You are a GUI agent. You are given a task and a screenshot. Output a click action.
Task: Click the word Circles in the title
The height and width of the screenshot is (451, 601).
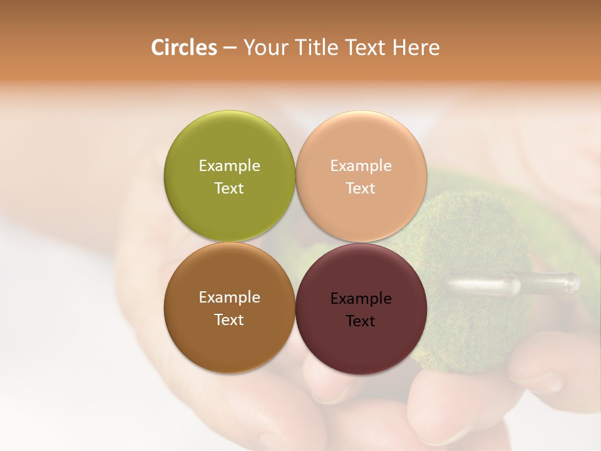tap(183, 48)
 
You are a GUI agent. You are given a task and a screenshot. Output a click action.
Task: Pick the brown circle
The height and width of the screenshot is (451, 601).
tap(229, 338)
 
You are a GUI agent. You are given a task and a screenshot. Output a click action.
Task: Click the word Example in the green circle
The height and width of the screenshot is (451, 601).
tap(229, 165)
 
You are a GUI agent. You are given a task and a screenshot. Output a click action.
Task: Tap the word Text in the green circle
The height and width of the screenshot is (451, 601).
tap(229, 188)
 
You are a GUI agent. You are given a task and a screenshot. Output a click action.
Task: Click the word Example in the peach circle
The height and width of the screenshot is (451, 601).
tap(361, 165)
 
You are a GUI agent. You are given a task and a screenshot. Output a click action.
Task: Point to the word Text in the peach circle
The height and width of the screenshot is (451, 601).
tap(361, 188)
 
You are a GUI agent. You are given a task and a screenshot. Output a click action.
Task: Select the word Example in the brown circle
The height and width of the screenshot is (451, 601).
tap(229, 297)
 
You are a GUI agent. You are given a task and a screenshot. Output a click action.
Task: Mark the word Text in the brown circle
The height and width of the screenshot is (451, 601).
tap(229, 319)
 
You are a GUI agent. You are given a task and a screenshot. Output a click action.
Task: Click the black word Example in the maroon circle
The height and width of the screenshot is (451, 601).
tap(361, 298)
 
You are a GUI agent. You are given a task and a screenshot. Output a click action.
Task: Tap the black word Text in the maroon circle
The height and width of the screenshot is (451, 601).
tap(361, 321)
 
